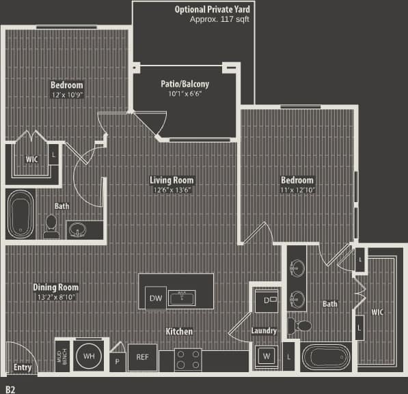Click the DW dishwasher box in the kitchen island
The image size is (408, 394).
(154, 298)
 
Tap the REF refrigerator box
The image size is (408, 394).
(142, 357)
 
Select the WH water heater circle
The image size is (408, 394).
(89, 356)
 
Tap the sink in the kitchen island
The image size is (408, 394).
(182, 298)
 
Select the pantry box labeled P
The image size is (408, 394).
(117, 360)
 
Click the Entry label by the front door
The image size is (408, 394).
(22, 367)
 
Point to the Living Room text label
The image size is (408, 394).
(172, 180)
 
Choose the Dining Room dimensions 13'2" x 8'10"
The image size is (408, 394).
(55, 297)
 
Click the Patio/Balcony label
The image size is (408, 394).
(185, 84)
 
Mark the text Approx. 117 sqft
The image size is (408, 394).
(219, 20)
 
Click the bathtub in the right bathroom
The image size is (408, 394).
(325, 358)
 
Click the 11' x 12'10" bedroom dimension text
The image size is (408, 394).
(297, 190)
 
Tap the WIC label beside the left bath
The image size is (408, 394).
(31, 159)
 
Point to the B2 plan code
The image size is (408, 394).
(10, 388)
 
